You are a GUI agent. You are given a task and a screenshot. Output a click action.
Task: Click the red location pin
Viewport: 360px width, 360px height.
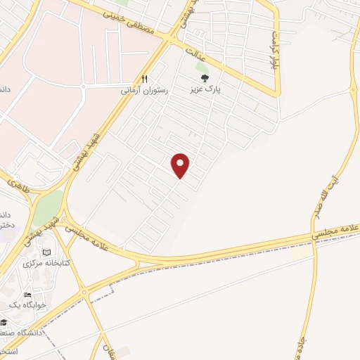point(181,165)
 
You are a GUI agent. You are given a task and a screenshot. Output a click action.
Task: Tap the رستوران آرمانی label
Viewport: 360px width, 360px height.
point(146,91)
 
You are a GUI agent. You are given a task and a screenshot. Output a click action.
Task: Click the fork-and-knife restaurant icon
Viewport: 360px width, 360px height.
point(145,79)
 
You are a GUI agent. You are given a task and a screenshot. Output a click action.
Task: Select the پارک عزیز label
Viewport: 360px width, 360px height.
point(205,90)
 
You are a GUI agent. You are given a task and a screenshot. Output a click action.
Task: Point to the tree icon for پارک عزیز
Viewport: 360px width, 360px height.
point(205,79)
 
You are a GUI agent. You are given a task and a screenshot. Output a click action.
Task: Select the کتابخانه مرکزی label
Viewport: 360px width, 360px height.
point(43,264)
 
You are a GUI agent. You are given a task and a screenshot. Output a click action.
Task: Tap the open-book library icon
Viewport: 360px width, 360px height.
point(47,252)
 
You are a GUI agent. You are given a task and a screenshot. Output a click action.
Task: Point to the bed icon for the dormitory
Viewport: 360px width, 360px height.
point(27,295)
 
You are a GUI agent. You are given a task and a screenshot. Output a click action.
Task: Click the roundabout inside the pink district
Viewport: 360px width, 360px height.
point(84,86)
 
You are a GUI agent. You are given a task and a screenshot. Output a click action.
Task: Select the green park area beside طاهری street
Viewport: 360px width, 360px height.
point(48,207)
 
